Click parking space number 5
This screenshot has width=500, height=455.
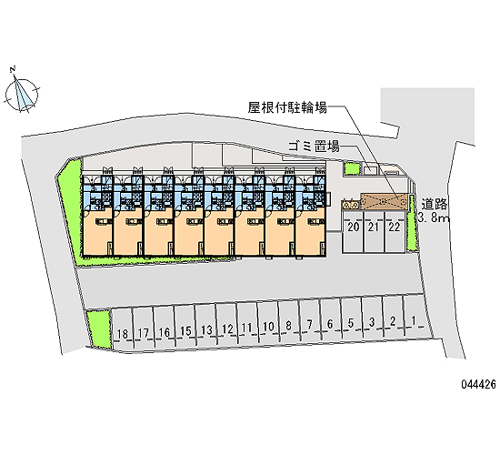pyautogui.click(x=351, y=323)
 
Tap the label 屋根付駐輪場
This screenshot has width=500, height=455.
pyautogui.click(x=287, y=107)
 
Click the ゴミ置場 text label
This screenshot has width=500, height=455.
pyautogui.click(x=314, y=147)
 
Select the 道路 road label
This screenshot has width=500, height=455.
pyautogui.click(x=434, y=205)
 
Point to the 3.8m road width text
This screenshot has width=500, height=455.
pyautogui.click(x=433, y=218)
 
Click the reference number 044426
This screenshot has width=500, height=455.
pyautogui.click(x=478, y=384)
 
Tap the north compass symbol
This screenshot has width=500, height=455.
pyautogui.click(x=22, y=93)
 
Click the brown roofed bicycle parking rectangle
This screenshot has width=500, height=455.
pyautogui.click(x=385, y=201)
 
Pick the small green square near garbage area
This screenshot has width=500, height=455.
pyautogui.click(x=352, y=168)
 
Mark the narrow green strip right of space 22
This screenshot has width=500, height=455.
pyautogui.click(x=411, y=223)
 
